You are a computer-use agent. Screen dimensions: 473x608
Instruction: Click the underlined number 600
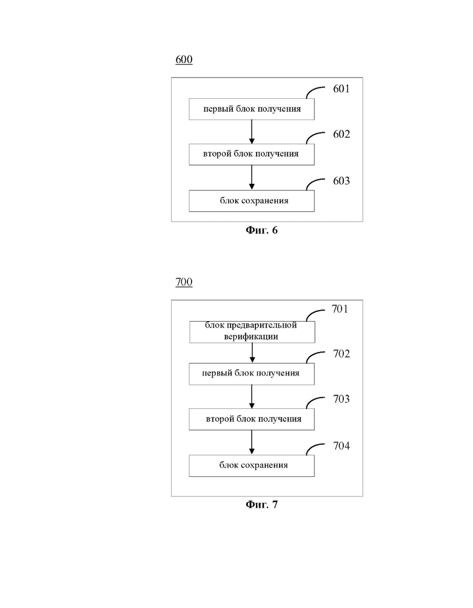pos(184,59)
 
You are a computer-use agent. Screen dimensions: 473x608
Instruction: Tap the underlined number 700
pos(184,282)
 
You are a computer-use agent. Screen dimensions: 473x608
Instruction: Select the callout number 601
pos(341,89)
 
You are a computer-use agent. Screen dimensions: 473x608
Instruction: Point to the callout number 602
pos(341,134)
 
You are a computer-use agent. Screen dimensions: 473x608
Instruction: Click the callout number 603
pos(341,181)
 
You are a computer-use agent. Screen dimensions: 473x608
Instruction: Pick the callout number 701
pos(340,309)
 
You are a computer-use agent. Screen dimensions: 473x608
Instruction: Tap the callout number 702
pos(341,354)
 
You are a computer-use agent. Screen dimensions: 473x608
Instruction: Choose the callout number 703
pos(341,399)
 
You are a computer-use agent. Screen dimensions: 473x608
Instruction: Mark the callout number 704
pos(341,446)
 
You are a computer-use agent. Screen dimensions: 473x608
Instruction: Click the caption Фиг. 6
pos(261,231)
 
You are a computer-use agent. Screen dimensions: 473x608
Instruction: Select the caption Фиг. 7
pos(261,504)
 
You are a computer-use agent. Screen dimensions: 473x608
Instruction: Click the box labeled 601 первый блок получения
pos(252,109)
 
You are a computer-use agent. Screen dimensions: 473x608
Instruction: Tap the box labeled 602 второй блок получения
pos(252,155)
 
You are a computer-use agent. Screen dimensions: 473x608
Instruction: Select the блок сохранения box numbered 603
pos(252,201)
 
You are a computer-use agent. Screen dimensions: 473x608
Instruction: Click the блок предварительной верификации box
pos(252,332)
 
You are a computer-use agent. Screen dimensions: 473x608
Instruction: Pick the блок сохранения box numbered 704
pos(252,465)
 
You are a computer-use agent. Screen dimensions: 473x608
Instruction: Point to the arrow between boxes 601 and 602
pos(252,132)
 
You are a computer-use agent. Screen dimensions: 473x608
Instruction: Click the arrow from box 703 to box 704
pos(252,442)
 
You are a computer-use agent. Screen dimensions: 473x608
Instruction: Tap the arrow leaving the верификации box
pos(252,353)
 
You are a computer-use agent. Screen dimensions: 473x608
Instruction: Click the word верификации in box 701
pos(251,337)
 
